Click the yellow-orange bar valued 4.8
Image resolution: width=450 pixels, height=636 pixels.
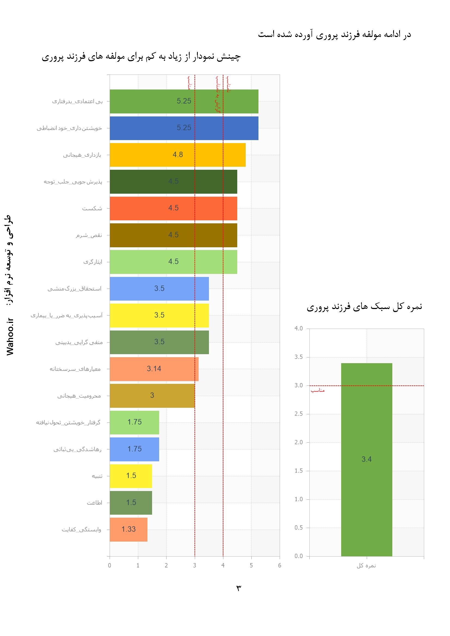[x=177, y=155]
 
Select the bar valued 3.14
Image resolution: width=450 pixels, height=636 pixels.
[x=154, y=369]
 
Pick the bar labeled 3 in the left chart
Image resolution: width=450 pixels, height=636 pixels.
[x=152, y=395]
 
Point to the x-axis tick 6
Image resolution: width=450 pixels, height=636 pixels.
[x=280, y=565]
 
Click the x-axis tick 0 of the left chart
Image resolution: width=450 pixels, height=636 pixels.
[x=110, y=565]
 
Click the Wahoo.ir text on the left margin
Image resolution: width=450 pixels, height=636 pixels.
[x=10, y=336]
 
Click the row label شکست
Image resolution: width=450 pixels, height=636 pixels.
[x=92, y=209]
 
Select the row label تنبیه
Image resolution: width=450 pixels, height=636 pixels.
[x=97, y=476]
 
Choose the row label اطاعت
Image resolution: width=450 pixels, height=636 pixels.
[x=94, y=503]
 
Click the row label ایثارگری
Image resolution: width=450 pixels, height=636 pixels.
[x=93, y=262]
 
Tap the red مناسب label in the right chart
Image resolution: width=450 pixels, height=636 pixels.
[x=318, y=390]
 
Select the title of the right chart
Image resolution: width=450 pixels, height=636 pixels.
[x=364, y=307]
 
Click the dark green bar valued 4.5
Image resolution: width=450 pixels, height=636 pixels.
[x=173, y=181]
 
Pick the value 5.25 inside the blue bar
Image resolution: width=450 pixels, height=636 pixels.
[x=184, y=128]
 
